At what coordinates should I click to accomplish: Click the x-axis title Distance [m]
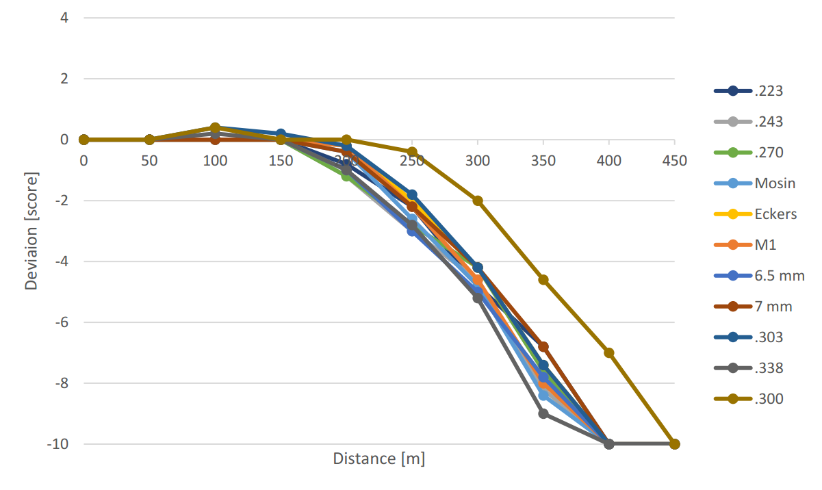tap(378, 459)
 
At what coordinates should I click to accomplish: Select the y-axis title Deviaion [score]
tap(31, 231)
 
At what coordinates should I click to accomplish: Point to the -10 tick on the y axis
tap(57, 444)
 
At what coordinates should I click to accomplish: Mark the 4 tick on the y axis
tap(64, 18)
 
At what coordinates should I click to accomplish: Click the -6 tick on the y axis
tap(60, 322)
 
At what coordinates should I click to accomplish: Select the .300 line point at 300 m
tap(478, 201)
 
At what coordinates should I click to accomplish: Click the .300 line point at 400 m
tap(609, 353)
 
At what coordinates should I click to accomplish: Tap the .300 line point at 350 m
tap(543, 279)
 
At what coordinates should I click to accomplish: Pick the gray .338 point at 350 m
tap(543, 413)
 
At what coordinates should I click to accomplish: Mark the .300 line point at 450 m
tap(674, 444)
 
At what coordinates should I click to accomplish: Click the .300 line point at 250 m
tap(412, 152)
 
